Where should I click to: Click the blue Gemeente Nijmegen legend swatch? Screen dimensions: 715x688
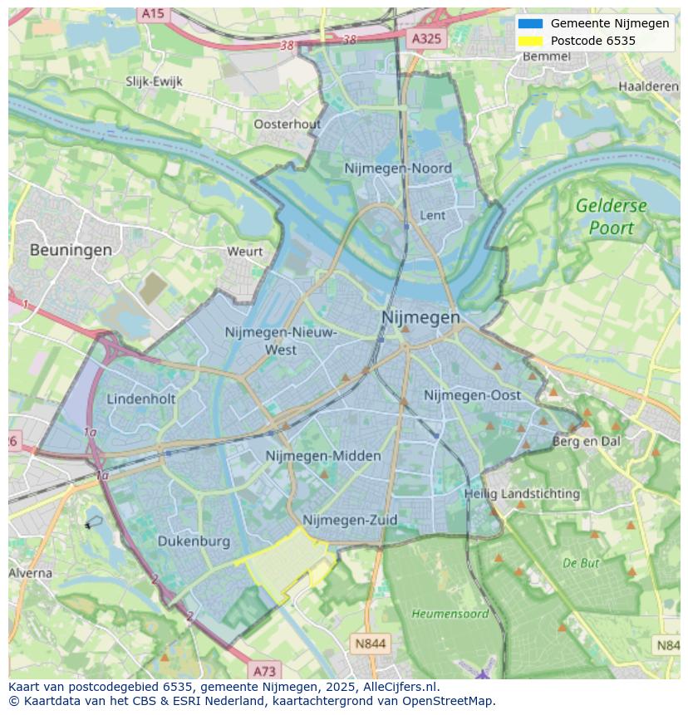point(530,23)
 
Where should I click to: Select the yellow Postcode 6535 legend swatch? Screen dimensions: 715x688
point(530,41)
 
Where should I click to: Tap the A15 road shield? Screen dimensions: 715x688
point(152,13)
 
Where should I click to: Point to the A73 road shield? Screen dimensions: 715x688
point(264,671)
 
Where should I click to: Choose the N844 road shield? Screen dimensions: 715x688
point(370,644)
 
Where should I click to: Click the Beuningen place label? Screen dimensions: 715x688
point(71,249)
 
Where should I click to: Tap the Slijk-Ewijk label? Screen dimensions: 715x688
point(154,81)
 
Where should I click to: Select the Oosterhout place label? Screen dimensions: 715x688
point(287,124)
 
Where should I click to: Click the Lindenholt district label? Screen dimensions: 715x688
point(141,399)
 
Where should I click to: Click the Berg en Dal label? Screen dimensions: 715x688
point(587,442)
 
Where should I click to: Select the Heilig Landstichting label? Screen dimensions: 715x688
point(522,493)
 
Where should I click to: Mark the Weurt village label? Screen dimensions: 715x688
point(244,251)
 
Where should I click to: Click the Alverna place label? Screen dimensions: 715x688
point(31,573)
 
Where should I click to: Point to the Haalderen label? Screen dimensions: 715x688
point(648,86)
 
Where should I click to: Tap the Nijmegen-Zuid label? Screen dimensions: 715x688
point(350,520)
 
